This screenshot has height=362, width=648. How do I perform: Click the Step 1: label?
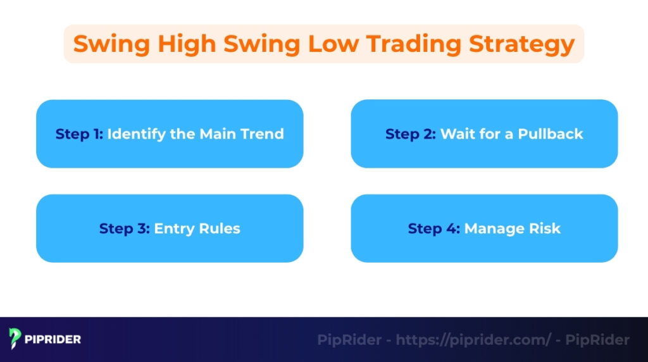point(79,134)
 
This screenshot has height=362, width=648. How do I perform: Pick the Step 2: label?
point(411,134)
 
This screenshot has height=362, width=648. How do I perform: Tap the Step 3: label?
point(124,228)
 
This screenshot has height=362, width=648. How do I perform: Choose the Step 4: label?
point(434,228)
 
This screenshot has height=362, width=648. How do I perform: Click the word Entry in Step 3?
point(173,228)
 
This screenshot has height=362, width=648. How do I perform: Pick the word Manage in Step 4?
point(492,228)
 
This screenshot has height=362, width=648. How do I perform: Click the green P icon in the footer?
point(15,339)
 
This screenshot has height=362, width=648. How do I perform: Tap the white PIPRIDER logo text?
point(53,339)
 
